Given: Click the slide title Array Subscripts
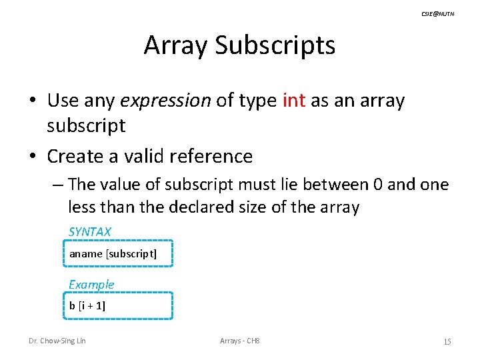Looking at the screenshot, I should click(239, 45).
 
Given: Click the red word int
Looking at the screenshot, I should click(294, 101).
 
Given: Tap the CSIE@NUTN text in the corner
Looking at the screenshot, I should click(437, 13).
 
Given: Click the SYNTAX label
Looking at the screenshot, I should click(90, 232).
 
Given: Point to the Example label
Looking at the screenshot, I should click(91, 285).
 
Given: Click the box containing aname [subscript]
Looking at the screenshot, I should click(121, 253).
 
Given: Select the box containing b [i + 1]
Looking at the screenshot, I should click(121, 306).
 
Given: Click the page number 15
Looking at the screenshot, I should click(447, 342).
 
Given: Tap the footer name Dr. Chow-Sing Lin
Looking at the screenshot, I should click(57, 341).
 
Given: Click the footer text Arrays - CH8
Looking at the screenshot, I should click(239, 341).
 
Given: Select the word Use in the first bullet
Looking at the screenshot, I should click(62, 101).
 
